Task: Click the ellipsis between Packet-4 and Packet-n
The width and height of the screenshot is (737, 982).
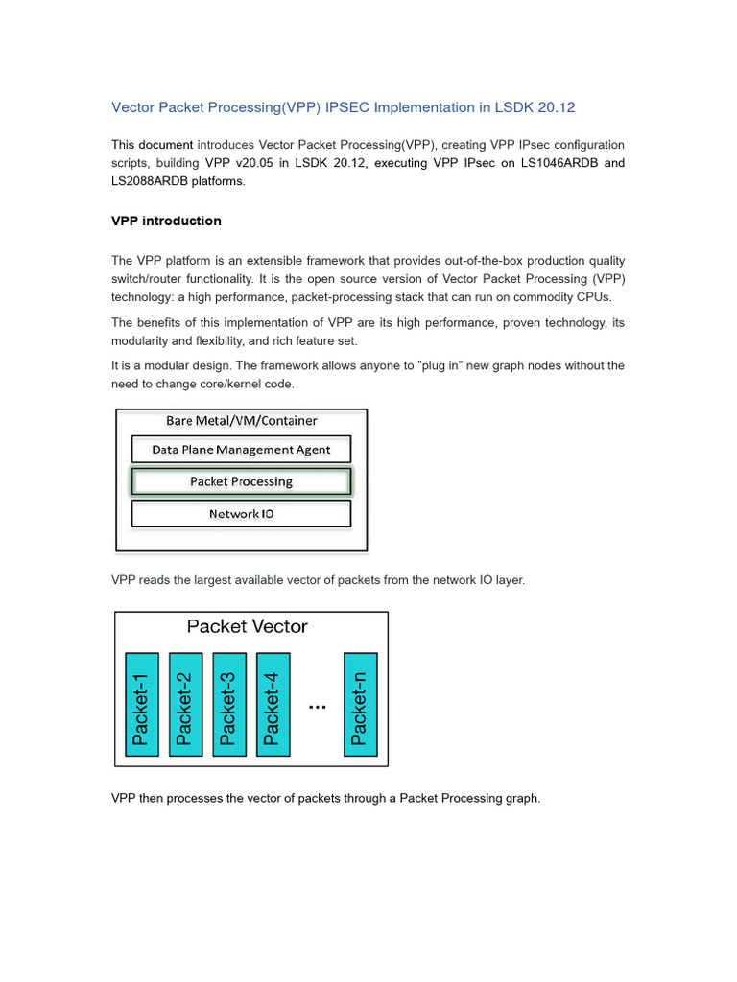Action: [317, 707]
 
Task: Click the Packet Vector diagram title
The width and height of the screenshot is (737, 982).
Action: [248, 626]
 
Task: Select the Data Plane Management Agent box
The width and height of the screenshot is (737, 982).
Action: [241, 449]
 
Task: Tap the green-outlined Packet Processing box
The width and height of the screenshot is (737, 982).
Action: [241, 481]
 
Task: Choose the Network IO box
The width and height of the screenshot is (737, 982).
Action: [241, 514]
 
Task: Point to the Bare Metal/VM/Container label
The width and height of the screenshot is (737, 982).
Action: [241, 420]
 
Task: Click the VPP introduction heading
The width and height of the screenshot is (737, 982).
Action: [166, 221]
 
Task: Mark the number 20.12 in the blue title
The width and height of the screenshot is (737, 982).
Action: [555, 107]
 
